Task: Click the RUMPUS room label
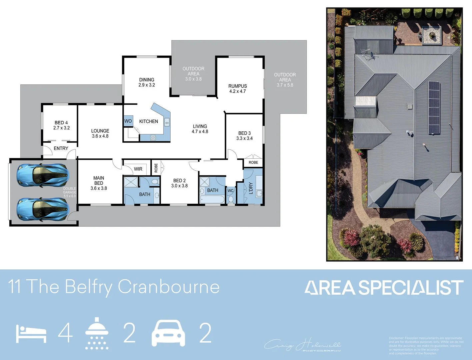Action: [237, 88]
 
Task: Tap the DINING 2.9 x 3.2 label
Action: [147, 82]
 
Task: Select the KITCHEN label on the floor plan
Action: [149, 121]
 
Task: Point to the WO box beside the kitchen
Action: [128, 121]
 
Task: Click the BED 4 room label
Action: [61, 125]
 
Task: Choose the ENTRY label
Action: [61, 148]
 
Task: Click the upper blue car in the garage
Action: [43, 175]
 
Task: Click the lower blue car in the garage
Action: [43, 209]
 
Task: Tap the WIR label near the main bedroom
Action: [138, 169]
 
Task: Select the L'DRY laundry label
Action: [251, 188]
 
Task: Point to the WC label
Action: [230, 191]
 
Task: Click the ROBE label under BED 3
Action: [253, 163]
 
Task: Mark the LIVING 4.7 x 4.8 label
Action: [200, 129]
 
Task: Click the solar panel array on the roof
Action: [434, 107]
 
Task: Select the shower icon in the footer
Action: [97, 333]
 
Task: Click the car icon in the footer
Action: [168, 333]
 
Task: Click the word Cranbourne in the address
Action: [169, 287]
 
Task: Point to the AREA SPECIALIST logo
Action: [384, 288]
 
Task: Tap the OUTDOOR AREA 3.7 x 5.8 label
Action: [285, 80]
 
